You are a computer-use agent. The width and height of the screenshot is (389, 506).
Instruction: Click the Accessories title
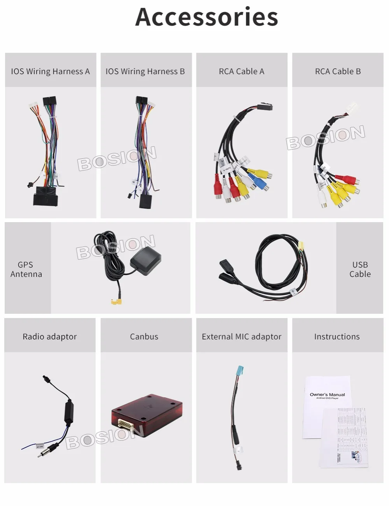207,17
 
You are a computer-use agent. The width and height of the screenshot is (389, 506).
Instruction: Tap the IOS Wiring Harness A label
50,71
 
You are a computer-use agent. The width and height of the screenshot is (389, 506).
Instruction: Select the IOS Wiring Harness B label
145,71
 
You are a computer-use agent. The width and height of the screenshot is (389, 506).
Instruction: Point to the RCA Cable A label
241,71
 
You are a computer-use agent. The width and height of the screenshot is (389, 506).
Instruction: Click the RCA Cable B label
338,71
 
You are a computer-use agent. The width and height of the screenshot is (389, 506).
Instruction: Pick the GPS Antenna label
26,269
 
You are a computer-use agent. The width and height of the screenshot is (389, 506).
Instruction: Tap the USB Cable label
360,269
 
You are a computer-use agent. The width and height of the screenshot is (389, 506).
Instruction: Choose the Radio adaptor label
49,337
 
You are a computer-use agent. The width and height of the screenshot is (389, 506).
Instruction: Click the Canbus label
144,337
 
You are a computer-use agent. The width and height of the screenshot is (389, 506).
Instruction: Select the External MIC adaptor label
241,337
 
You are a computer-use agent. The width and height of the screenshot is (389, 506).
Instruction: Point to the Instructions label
337,337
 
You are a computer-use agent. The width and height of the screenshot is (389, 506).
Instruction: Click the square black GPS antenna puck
145,261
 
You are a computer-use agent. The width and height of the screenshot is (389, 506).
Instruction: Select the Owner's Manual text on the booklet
327,395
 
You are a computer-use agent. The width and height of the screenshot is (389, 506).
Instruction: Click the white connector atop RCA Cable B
352,108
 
